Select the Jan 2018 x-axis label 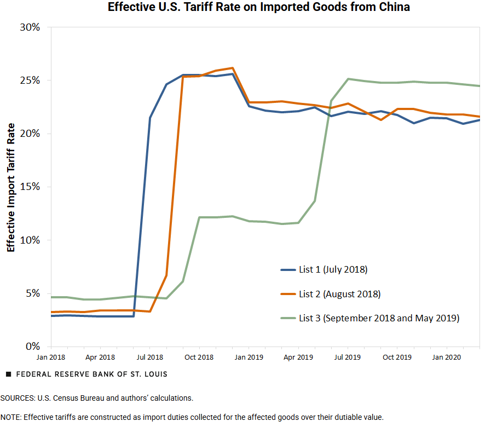pyautogui.click(x=51, y=357)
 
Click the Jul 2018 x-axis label pyautogui.click(x=150, y=357)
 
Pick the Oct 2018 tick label pyautogui.click(x=199, y=357)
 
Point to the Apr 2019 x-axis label pyautogui.click(x=298, y=357)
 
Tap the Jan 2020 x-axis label pyautogui.click(x=447, y=357)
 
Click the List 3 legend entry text pyautogui.click(x=379, y=318)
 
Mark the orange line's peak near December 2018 pyautogui.click(x=233, y=68)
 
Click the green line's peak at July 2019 pyautogui.click(x=348, y=79)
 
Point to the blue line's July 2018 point pyautogui.click(x=150, y=118)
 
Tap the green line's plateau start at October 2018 pyautogui.click(x=199, y=217)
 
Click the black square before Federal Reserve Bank pyautogui.click(x=8, y=374)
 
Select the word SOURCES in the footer pyautogui.click(x=17, y=398)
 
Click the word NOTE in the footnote pyautogui.click(x=10, y=417)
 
